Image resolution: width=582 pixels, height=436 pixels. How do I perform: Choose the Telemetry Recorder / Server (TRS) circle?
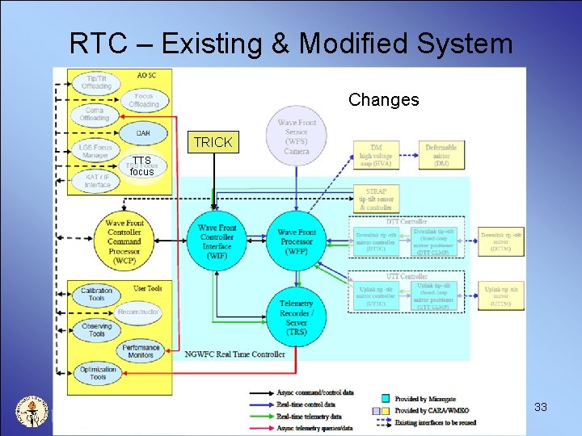tap(297, 312)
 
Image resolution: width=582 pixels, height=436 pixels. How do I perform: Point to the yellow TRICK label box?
tap(213, 142)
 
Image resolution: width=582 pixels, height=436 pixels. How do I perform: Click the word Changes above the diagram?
tap(383, 100)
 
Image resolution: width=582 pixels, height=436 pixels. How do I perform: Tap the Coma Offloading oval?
tap(94, 114)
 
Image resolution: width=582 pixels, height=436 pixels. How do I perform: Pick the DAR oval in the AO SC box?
tap(142, 133)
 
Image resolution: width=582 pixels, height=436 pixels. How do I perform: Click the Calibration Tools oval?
tap(97, 294)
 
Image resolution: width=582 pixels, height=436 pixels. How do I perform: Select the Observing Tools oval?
tap(97, 330)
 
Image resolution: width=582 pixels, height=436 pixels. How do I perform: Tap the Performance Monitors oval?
tap(141, 351)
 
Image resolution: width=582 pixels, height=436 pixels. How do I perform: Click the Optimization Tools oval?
tap(98, 373)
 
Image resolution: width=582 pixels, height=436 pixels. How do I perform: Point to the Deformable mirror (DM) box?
tap(441, 156)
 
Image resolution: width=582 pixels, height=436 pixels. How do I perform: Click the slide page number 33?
tap(541, 407)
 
